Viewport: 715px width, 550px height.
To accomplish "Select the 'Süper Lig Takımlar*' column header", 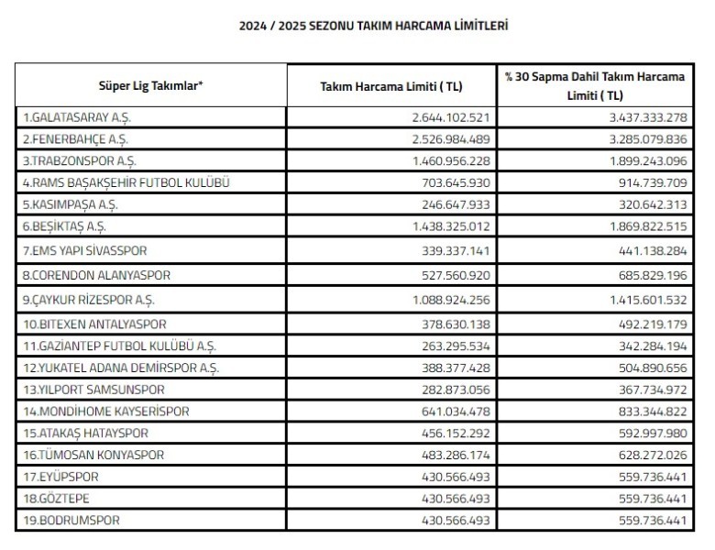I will click(x=151, y=86).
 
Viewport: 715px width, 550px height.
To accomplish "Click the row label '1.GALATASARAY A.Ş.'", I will click(x=72, y=118).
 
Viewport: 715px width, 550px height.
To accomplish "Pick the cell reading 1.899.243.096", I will click(x=639, y=160).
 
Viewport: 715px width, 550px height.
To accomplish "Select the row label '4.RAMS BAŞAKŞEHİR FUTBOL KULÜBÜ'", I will click(x=125, y=182).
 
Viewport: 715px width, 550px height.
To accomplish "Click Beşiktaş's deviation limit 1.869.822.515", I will click(x=639, y=225).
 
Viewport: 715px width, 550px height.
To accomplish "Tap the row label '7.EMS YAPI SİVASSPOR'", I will click(x=84, y=250).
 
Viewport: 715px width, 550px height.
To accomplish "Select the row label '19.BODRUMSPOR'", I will click(x=69, y=520).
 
